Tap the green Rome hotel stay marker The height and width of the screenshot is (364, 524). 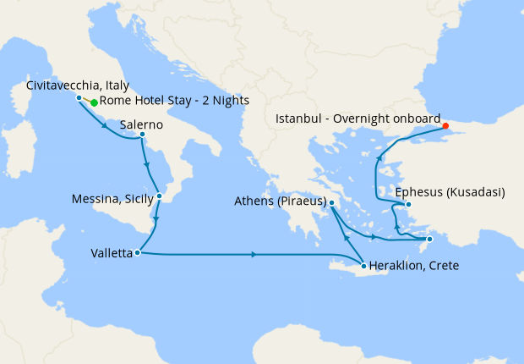pyautogui.click(x=94, y=102)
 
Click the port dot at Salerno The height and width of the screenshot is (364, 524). pyautogui.click(x=142, y=134)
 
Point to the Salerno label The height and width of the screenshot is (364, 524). pyautogui.click(x=142, y=123)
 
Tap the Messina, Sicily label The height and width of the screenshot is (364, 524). pyautogui.click(x=113, y=200)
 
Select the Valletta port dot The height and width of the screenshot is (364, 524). pyautogui.click(x=137, y=252)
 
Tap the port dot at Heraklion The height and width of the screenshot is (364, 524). pyautogui.click(x=364, y=266)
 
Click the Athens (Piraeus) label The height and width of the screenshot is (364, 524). pyautogui.click(x=280, y=201)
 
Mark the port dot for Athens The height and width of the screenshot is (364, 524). pyautogui.click(x=332, y=203)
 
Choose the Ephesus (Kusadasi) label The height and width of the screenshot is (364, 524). pyautogui.click(x=450, y=192)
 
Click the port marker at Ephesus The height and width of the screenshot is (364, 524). pyautogui.click(x=408, y=204)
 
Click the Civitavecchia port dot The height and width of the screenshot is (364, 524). pyautogui.click(x=79, y=97)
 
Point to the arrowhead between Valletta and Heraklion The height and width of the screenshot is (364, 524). pyautogui.click(x=254, y=254)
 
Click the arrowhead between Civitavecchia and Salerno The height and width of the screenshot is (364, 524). pyautogui.click(x=105, y=127)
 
